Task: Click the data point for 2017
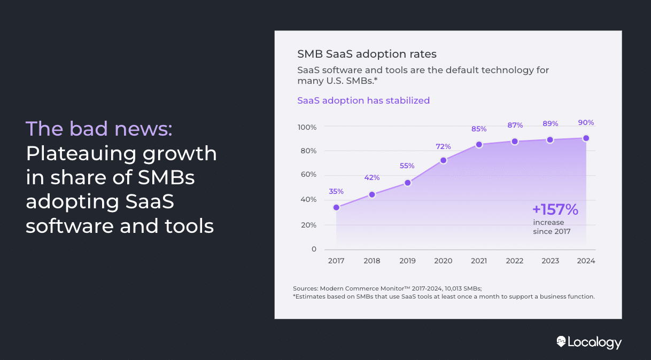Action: (336, 207)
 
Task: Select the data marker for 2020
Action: (443, 160)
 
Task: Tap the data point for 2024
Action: (586, 138)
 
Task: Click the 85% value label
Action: (479, 129)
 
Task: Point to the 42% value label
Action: (372, 177)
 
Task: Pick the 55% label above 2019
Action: (407, 166)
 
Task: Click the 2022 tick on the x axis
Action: (515, 261)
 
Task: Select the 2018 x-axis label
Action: (372, 261)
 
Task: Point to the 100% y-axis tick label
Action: (307, 127)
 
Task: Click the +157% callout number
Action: (555, 209)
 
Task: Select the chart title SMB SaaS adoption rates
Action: (367, 54)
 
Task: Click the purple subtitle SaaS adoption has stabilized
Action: (363, 100)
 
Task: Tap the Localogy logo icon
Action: (561, 341)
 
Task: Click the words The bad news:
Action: (99, 129)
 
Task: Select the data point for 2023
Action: (550, 140)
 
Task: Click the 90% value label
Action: (586, 122)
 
